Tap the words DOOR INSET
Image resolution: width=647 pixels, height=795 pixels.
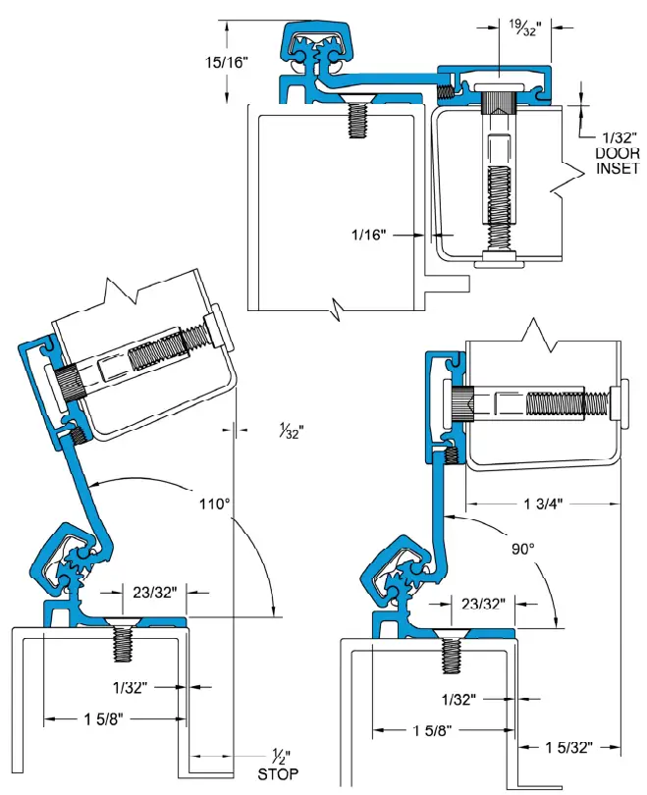coord(615,160)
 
